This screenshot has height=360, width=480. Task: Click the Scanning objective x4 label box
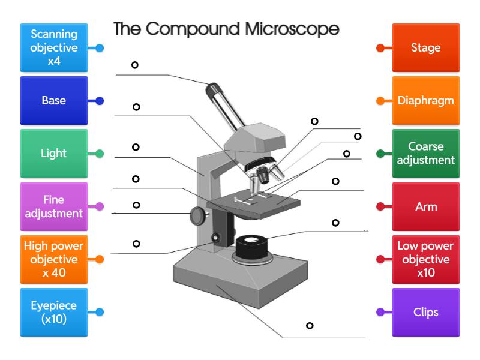(x=54, y=48)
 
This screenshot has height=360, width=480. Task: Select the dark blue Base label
(x=54, y=101)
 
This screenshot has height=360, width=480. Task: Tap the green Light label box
(x=54, y=154)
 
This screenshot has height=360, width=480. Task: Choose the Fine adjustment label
(x=54, y=206)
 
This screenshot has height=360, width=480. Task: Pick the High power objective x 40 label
(x=54, y=259)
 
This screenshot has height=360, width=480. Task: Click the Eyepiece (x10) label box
(x=54, y=312)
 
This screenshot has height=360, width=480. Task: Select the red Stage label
(x=426, y=48)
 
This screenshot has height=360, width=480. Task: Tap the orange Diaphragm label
(x=426, y=101)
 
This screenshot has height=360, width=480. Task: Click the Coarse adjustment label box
(x=426, y=154)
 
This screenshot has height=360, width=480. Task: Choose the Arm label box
(x=426, y=206)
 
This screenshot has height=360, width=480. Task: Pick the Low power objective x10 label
(x=426, y=259)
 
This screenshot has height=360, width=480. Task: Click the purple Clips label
(x=426, y=312)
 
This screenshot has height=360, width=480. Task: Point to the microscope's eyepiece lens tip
(x=212, y=89)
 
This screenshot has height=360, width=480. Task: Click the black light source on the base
(x=253, y=246)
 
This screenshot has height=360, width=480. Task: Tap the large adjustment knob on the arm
(x=197, y=215)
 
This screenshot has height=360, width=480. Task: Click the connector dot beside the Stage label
(x=380, y=48)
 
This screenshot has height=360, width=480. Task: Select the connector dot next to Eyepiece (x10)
(x=100, y=312)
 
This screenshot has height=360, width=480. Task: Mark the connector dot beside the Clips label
(x=380, y=312)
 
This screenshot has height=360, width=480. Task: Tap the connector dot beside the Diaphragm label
(x=380, y=101)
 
